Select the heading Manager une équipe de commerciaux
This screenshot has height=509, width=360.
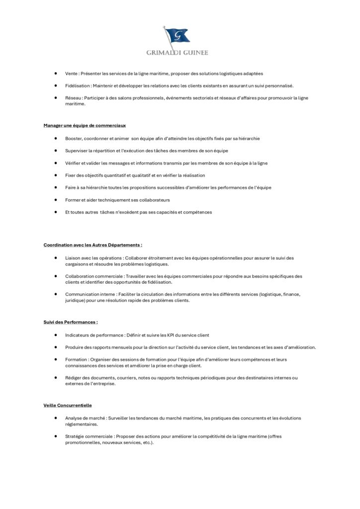point(81,125)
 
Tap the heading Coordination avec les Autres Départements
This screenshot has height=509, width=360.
point(92,245)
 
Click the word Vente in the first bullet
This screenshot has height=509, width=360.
point(71,74)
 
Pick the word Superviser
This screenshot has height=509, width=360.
point(77,151)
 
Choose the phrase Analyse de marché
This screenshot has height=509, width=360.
point(84,418)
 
